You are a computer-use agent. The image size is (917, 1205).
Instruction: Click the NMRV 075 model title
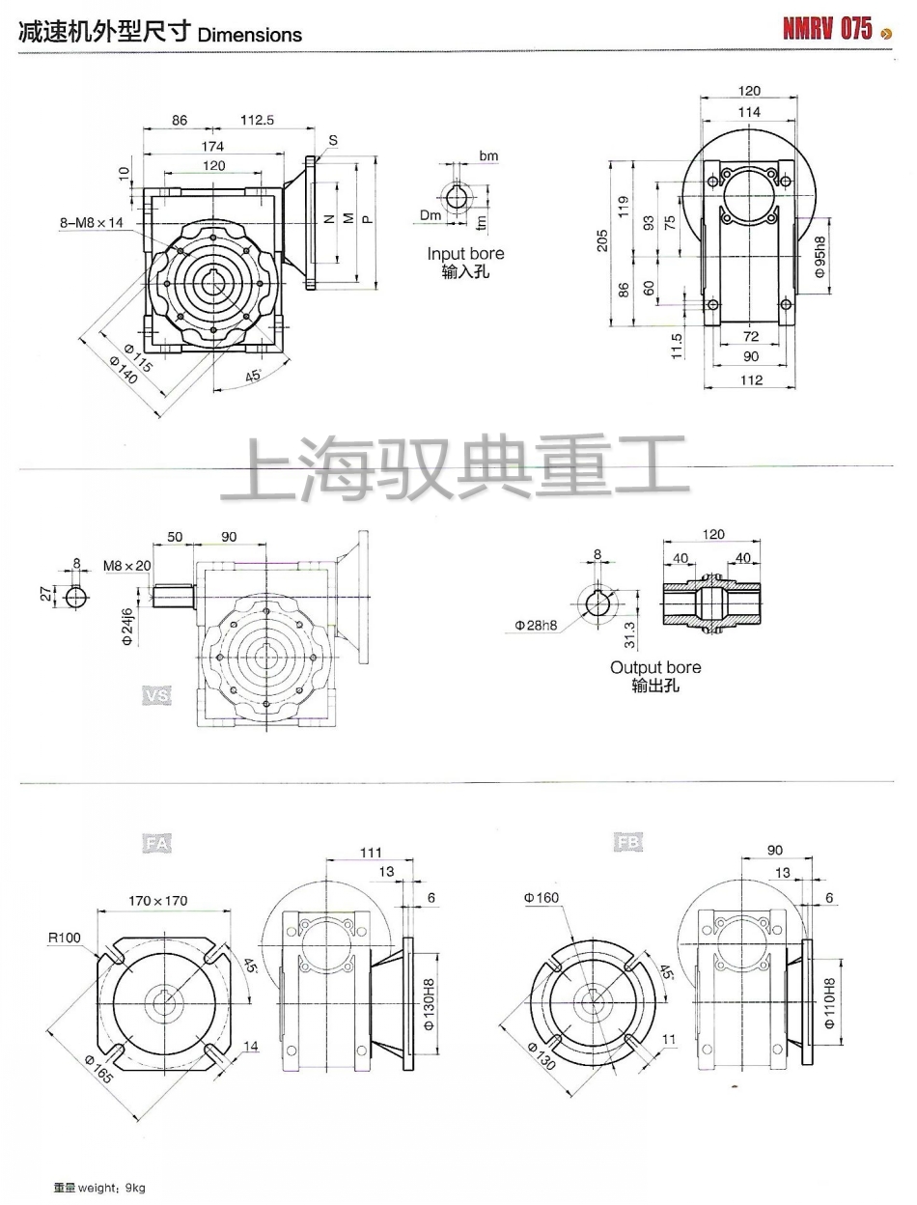coord(827,29)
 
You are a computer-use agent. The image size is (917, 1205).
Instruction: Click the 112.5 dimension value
coord(258,121)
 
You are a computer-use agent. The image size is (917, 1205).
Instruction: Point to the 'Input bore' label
coord(465,254)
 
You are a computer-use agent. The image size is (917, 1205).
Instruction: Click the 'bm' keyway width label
coord(488,155)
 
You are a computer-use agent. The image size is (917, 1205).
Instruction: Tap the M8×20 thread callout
coord(126,565)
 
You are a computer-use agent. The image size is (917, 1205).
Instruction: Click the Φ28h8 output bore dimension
coord(535,625)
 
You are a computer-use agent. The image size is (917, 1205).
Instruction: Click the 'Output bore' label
coord(655,667)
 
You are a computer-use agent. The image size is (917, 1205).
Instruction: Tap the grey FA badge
coord(157,844)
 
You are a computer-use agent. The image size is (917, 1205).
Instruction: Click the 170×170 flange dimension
coord(158,901)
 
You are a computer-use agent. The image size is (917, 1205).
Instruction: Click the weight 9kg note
coord(99,1188)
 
